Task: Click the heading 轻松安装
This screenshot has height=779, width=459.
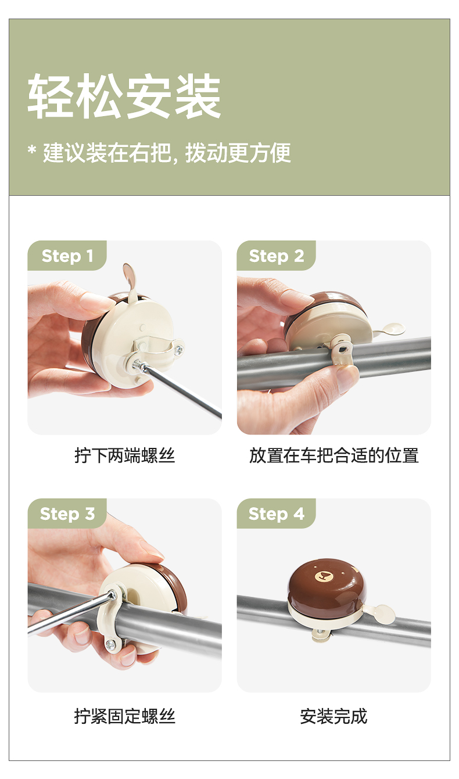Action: tap(124, 96)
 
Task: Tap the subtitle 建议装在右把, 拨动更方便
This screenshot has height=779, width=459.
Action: tap(167, 153)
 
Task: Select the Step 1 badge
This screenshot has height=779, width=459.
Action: tap(67, 256)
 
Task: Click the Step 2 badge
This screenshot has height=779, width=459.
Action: tap(277, 256)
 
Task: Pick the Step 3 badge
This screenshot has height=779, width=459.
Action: tap(67, 514)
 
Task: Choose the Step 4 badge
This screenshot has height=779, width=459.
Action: tap(277, 514)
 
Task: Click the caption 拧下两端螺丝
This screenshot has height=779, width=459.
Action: tap(124, 455)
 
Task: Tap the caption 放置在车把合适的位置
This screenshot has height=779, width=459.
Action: tap(334, 455)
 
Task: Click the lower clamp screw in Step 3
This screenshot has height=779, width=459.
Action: tap(110, 644)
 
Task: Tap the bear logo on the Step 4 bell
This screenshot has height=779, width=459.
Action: tap(322, 577)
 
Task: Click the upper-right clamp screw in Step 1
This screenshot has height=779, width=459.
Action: tap(178, 350)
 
